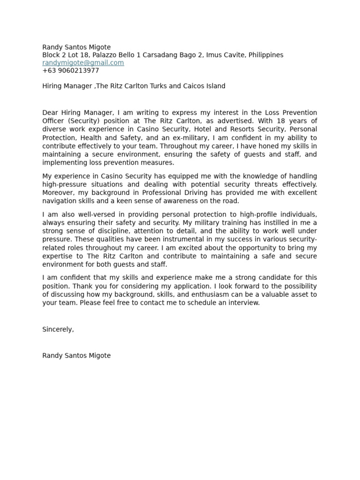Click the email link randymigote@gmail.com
click(83, 63)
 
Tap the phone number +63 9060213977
click(70, 71)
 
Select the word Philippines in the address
click(266, 55)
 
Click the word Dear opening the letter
click(50, 112)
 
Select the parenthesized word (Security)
click(85, 121)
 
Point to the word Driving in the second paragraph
click(212, 193)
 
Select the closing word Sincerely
click(58, 330)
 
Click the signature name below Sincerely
click(76, 356)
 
